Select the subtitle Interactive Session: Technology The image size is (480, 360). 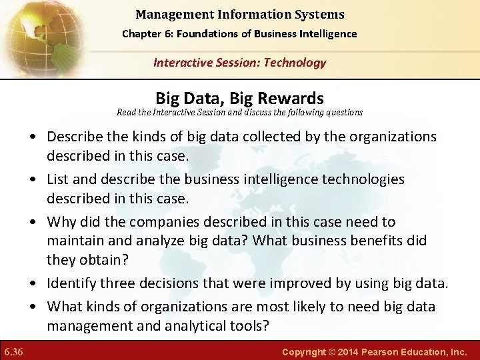tap(239, 63)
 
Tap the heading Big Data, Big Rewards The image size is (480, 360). tap(239, 99)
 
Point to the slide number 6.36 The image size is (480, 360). tap(13, 351)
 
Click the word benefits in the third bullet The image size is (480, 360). tap(350, 240)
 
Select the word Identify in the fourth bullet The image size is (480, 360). tap(71, 283)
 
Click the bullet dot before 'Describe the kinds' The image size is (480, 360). tap(33, 137)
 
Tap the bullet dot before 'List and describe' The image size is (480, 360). tap(33, 180)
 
